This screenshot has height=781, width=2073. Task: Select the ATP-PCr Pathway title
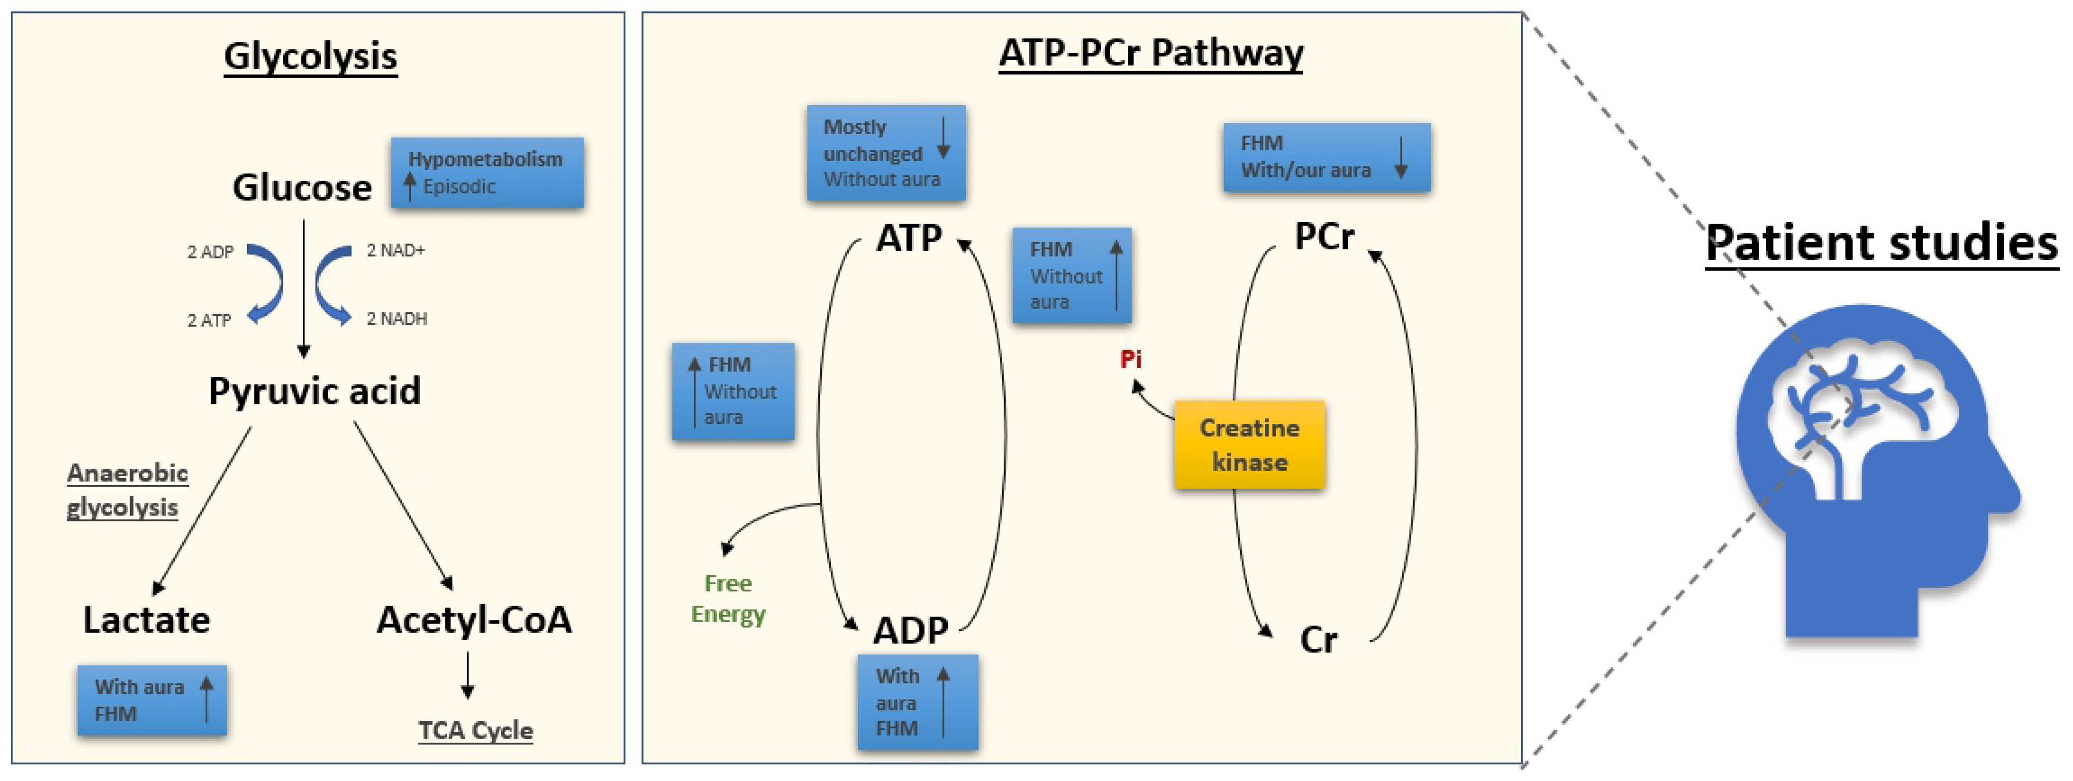coord(1151,53)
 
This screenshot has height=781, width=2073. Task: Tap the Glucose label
coord(302,188)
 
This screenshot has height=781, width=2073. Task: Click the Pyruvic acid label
coord(315,391)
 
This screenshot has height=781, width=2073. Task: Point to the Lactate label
coord(146,620)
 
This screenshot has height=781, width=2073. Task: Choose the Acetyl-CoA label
coord(474,620)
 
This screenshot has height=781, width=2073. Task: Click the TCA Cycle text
coord(476,730)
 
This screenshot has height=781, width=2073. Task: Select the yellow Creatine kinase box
coord(1249,444)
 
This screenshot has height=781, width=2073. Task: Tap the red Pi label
coord(1131,359)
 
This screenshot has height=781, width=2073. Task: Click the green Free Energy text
coord(728,598)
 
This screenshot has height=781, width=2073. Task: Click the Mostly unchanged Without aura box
coord(886,153)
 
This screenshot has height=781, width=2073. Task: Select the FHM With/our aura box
coord(1326,157)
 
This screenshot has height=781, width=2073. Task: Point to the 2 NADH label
coord(397,319)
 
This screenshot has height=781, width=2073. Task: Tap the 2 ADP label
coord(210,252)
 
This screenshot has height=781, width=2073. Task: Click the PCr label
coord(1324,237)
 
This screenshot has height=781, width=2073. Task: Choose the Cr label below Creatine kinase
coord(1318,640)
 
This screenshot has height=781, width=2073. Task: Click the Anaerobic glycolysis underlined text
coord(127,490)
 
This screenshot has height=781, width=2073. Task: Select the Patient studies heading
coord(1881,243)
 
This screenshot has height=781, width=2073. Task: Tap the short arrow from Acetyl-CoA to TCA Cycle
coord(468,675)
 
